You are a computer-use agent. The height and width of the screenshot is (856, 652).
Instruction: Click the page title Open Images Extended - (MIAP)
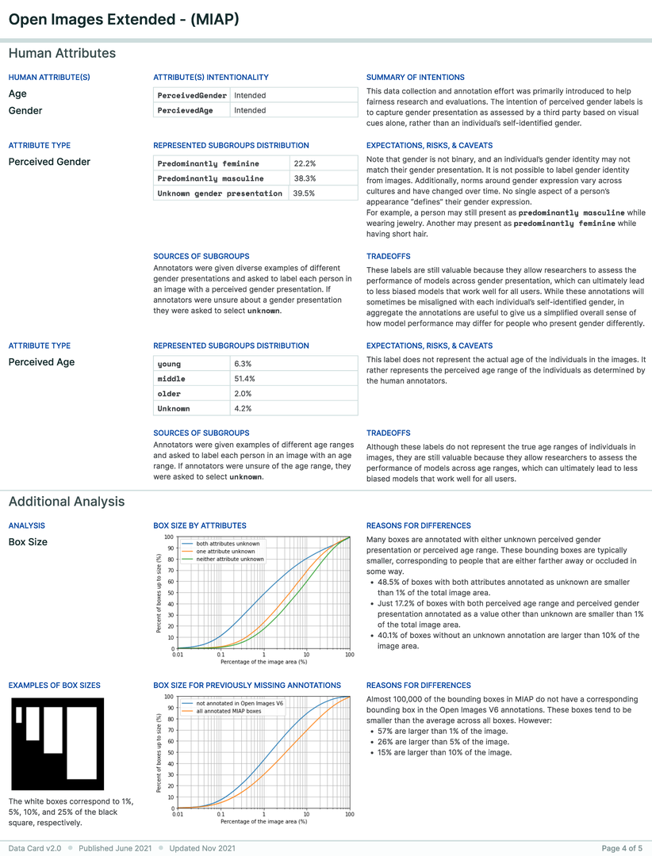tap(123, 18)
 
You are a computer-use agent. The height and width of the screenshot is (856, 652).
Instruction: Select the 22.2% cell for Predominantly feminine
tap(305, 163)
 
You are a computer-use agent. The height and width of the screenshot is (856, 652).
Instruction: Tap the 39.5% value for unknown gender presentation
tap(304, 193)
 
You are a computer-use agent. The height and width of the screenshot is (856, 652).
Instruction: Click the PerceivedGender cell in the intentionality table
tap(192, 95)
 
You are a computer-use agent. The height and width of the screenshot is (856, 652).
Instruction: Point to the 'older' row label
tap(170, 394)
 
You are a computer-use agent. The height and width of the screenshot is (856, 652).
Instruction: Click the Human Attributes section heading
tap(62, 54)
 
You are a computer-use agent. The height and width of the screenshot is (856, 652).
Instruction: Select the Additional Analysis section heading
tap(67, 502)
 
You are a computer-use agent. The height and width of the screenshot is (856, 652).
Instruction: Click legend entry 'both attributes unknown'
tap(228, 544)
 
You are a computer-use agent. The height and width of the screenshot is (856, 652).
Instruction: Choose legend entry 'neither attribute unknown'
tap(230, 559)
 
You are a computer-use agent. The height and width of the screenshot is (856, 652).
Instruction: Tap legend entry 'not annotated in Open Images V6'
tap(240, 703)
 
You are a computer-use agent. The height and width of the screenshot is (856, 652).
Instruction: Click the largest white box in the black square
tap(81, 743)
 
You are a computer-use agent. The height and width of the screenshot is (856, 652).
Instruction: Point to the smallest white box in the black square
tap(17, 715)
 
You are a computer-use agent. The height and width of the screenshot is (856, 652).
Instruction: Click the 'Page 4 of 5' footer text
tap(622, 848)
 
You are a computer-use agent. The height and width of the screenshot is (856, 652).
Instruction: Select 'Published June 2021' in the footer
tap(115, 848)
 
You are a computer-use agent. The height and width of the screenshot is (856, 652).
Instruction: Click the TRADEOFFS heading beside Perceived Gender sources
tap(388, 257)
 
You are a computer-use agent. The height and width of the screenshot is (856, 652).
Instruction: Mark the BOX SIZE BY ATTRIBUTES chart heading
tap(199, 525)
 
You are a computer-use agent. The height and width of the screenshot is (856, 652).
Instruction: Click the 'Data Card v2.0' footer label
tap(35, 848)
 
